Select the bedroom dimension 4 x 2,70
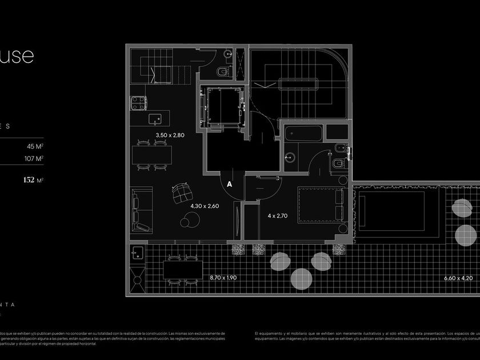coord(278,216)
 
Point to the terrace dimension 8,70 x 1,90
coord(223,277)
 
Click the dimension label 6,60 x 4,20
coord(458,278)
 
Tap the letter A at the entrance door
coord(230,185)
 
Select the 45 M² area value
coord(35,146)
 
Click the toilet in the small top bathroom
coord(223,73)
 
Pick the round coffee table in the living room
coord(187,221)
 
